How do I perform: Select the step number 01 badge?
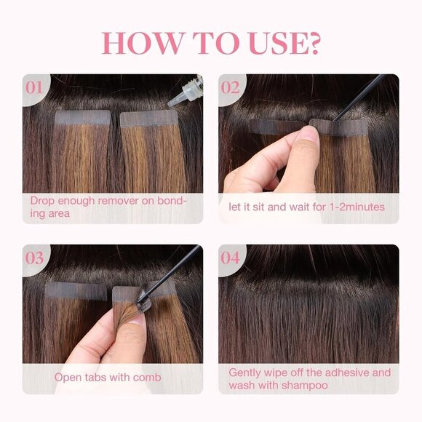[35, 87]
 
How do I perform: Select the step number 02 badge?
[231, 87]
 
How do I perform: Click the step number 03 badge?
[35, 258]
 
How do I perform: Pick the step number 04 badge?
[231, 258]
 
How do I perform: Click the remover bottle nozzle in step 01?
[179, 101]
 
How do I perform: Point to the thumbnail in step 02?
[311, 135]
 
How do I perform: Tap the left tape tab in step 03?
[76, 290]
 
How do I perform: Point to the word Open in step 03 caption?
[68, 378]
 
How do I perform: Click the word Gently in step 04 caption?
[246, 372]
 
